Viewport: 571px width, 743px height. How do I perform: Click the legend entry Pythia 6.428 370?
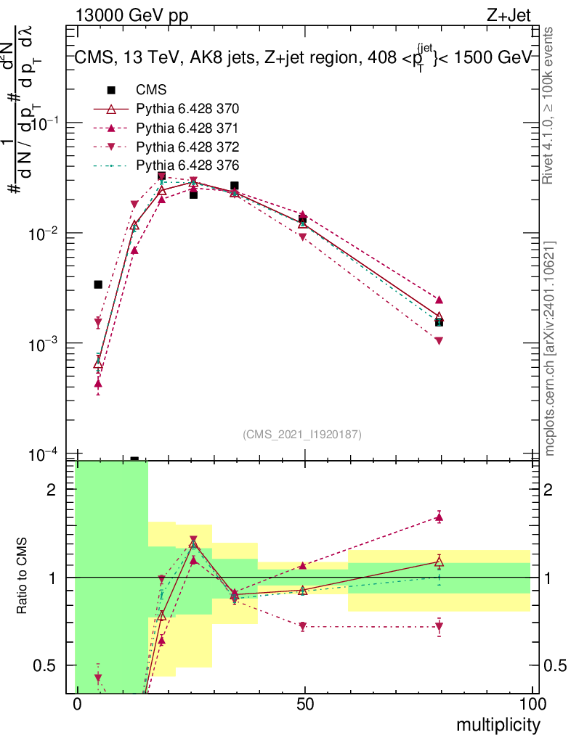(x=187, y=109)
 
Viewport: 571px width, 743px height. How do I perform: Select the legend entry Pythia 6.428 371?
(x=187, y=128)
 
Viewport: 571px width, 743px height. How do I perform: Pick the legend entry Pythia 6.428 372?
(x=187, y=146)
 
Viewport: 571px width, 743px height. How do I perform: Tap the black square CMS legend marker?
(x=111, y=91)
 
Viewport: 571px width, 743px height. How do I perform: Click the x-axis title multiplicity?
(x=498, y=725)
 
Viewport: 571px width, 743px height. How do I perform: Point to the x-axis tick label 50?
(x=305, y=705)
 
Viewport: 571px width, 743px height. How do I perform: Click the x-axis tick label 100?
(x=532, y=705)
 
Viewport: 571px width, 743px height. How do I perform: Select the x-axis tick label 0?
(x=77, y=705)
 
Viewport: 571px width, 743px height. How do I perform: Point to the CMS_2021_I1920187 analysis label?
(x=302, y=434)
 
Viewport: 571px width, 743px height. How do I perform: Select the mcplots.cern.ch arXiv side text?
(x=550, y=348)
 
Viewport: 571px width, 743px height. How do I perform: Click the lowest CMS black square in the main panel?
(x=134, y=459)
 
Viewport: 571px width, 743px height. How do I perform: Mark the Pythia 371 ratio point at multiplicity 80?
(x=439, y=517)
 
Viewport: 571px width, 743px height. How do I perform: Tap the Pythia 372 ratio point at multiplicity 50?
(x=303, y=626)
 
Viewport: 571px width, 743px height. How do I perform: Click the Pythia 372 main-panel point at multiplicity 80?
(x=439, y=340)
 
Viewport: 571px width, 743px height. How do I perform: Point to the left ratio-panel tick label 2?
(x=52, y=489)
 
